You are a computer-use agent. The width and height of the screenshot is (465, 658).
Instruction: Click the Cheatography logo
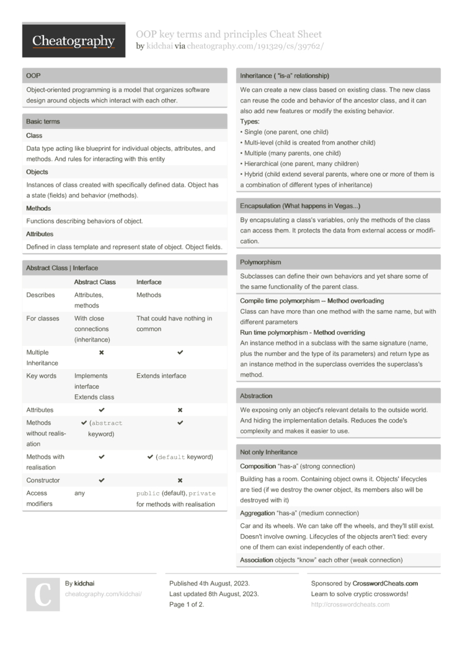point(73,41)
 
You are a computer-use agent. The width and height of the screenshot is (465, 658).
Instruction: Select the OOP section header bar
point(125,76)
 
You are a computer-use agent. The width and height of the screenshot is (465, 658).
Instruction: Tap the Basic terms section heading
point(125,122)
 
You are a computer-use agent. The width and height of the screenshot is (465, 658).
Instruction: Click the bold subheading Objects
point(37,172)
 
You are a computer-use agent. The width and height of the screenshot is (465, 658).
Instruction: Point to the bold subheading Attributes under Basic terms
point(40,234)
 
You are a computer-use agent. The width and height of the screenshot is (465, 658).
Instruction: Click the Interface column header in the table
point(148,282)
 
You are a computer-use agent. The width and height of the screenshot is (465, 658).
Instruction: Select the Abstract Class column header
point(95,282)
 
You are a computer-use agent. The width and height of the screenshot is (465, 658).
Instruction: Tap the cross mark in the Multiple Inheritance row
point(102,352)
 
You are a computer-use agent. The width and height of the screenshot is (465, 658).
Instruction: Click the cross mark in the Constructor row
point(180,480)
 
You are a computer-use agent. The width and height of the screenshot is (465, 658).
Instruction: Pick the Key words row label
point(41,376)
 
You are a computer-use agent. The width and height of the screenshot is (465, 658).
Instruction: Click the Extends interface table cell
point(161,376)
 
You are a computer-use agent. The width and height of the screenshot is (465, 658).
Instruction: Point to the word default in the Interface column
point(172,457)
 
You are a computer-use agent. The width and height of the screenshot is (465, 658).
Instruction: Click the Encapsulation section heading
point(300,205)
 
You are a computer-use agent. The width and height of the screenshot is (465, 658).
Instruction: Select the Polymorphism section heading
point(260,262)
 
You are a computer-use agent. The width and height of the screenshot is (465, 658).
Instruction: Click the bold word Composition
point(258,466)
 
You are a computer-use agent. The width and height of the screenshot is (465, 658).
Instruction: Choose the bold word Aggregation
point(257,513)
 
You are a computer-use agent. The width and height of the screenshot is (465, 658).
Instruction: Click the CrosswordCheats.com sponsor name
point(385,584)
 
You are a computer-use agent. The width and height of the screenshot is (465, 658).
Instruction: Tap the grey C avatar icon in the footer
point(43,594)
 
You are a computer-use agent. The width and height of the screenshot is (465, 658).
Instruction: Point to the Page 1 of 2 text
point(187,605)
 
